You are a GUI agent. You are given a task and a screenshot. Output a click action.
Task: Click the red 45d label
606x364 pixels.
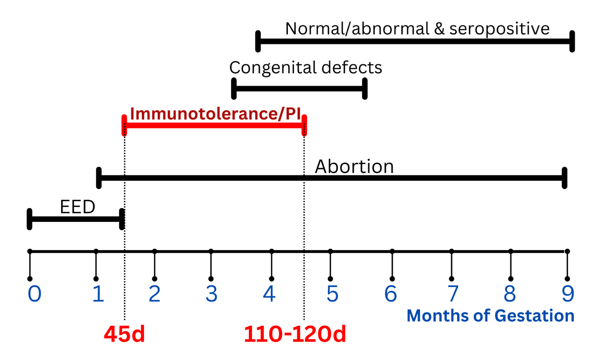point(124,334)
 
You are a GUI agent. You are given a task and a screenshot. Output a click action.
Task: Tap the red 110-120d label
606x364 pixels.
point(295,334)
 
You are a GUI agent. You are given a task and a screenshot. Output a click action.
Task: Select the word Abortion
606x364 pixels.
point(354,167)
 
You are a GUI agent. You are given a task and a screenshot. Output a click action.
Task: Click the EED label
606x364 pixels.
point(77,207)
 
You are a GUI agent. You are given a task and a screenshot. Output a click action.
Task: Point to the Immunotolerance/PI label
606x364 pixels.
point(215,114)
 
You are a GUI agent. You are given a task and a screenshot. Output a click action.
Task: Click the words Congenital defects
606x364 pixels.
point(305,67)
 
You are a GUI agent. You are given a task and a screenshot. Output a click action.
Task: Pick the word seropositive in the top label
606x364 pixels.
point(499,29)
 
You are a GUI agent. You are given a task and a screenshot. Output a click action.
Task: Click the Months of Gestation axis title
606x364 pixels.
point(490,316)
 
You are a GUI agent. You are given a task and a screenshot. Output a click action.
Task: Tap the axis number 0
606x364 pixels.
point(35,294)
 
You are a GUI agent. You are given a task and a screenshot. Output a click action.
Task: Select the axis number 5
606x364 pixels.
point(332,294)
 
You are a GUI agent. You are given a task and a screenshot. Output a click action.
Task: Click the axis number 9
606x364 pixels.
point(568,294)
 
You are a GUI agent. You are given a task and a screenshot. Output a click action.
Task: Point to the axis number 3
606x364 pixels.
point(211,294)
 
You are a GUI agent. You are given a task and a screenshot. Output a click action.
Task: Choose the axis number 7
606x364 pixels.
point(453,294)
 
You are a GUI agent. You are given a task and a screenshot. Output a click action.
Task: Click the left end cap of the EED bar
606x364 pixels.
point(30,219)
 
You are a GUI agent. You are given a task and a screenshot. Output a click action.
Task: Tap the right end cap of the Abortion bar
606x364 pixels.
point(564,178)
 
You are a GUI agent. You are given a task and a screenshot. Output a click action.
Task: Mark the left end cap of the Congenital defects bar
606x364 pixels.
point(234,89)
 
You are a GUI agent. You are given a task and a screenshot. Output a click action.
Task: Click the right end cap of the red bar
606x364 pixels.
point(305,125)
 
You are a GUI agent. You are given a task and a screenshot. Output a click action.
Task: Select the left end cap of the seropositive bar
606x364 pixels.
point(258,41)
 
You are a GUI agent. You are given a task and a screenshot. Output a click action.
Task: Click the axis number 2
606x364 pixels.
point(155,294)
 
